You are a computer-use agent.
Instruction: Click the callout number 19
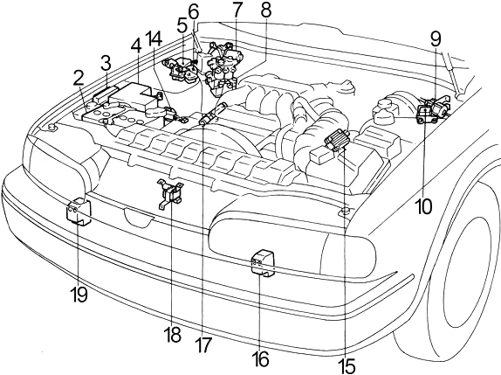pos(79,294)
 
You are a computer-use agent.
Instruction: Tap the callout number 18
pos(174,335)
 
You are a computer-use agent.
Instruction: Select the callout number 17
pos(204,345)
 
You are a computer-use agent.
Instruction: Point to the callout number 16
pos(261,359)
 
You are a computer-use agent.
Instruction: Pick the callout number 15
pos(347,365)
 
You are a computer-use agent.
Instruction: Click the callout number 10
pos(423,206)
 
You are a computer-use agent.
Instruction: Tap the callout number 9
pos(436,38)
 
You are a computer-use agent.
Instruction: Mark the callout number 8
pos(266,10)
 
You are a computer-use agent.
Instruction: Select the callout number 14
pos(154,38)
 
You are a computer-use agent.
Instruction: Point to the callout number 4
pos(136,46)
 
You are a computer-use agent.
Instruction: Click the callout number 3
pos(106,63)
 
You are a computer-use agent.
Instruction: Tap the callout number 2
pos(79,78)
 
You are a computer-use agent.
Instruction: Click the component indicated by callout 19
pos(79,212)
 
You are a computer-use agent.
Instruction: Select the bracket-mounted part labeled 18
pos(170,195)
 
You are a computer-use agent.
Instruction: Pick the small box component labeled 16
pos(263,262)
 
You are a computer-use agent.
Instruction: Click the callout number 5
pos(182,27)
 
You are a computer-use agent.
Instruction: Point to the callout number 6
pos(193,12)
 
